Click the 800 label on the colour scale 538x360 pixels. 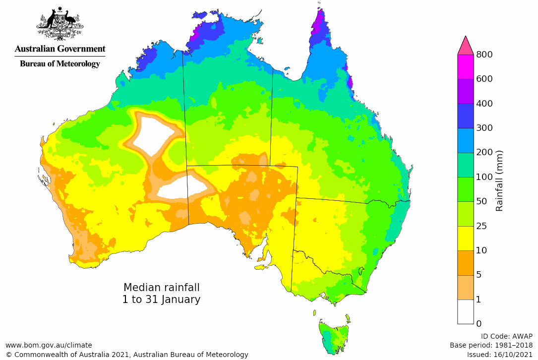click(485, 55)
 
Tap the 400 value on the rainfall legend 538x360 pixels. click(485, 104)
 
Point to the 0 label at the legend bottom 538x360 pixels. click(478, 324)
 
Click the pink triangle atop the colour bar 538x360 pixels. click(466, 46)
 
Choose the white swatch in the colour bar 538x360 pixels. click(466, 311)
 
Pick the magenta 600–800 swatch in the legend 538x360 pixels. click(466, 66)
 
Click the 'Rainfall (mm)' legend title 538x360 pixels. click(499, 180)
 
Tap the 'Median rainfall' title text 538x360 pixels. click(161, 288)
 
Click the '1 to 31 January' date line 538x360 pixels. click(161, 300)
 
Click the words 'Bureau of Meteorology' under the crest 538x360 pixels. click(60, 63)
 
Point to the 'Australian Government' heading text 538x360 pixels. click(60, 49)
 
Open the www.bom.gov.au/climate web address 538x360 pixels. click(49, 345)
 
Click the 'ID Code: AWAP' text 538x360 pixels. click(507, 336)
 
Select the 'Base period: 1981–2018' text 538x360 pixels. click(491, 345)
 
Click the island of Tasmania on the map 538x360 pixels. click(335, 337)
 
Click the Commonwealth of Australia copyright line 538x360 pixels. click(126, 355)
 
